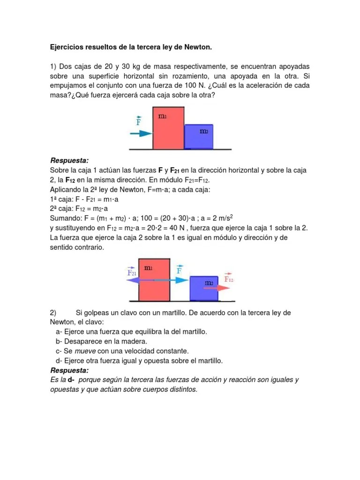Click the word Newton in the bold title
[199, 47]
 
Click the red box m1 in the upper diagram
[168, 128]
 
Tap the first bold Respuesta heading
[69, 160]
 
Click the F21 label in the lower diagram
[132, 271]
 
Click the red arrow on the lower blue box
[217, 289]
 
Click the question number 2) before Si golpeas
[53, 313]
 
